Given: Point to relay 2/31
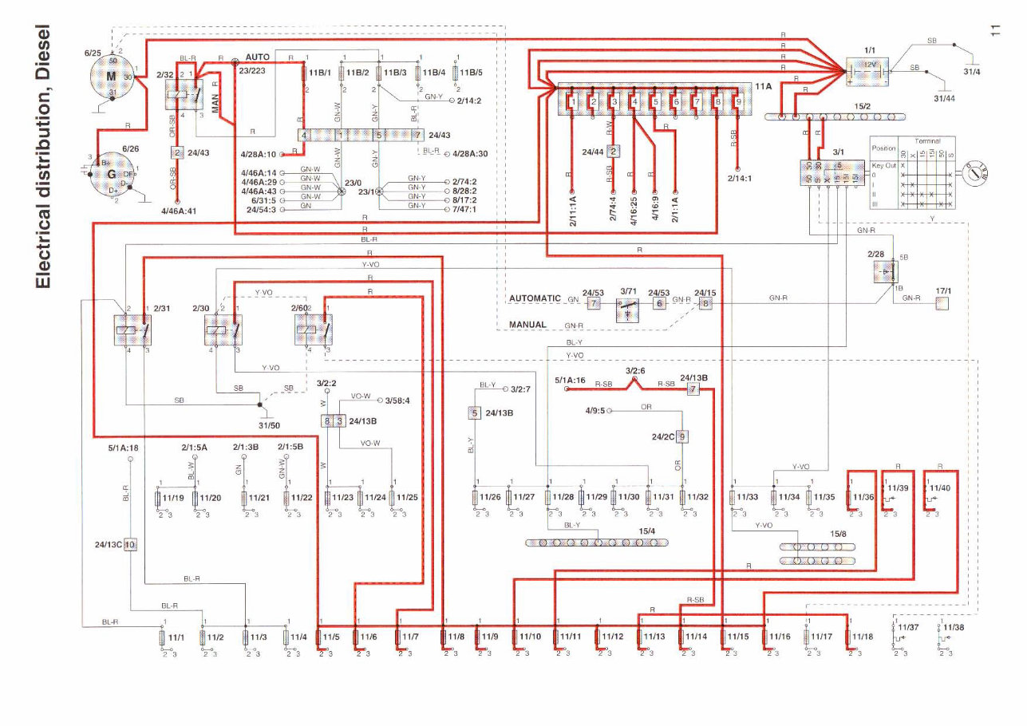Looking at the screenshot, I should point(132,330).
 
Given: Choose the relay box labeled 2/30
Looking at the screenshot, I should point(223,330).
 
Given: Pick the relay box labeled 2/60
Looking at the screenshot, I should point(313,329).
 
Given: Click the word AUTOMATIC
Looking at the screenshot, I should point(535,298).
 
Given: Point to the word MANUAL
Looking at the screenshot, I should point(527,325).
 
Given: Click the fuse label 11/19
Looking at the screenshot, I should point(173,498).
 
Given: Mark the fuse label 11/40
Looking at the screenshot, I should point(939,487).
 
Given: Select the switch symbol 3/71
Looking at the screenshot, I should point(628,310).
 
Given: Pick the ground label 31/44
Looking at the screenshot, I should point(944,98).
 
